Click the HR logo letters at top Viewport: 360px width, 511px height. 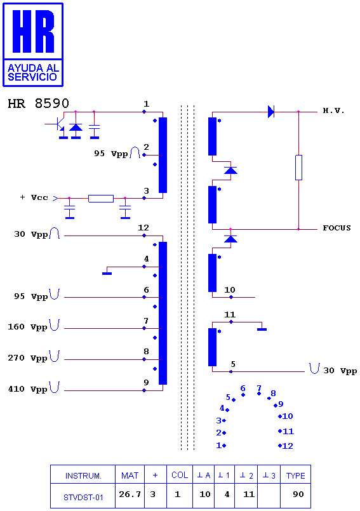coord(33,31)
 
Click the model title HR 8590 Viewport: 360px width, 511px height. coord(39,103)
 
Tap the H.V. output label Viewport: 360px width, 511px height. coord(333,111)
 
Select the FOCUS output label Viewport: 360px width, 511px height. coord(337,228)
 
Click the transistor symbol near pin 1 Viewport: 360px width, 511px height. coord(58,124)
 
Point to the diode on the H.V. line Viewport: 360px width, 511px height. coord(271,112)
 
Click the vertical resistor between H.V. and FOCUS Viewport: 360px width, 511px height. coord(298,168)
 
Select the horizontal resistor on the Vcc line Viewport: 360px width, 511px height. coord(101,198)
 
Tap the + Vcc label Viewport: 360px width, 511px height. coord(34,197)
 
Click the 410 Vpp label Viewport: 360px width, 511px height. coord(27,388)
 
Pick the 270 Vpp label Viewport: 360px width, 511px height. coord(27,358)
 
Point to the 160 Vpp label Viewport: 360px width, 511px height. coord(27,327)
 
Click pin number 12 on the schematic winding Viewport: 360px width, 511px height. coord(143,227)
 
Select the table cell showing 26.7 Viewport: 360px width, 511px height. coord(130,494)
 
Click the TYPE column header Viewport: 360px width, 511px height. coord(295,476)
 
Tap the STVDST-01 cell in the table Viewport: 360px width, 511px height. coord(83,498)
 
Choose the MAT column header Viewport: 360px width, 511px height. coord(130,476)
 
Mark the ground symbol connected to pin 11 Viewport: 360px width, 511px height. coord(262,329)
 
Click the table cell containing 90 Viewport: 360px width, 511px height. coord(298,494)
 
